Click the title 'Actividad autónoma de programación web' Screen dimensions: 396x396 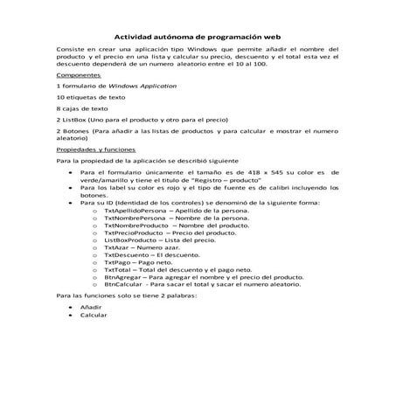[198, 37]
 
